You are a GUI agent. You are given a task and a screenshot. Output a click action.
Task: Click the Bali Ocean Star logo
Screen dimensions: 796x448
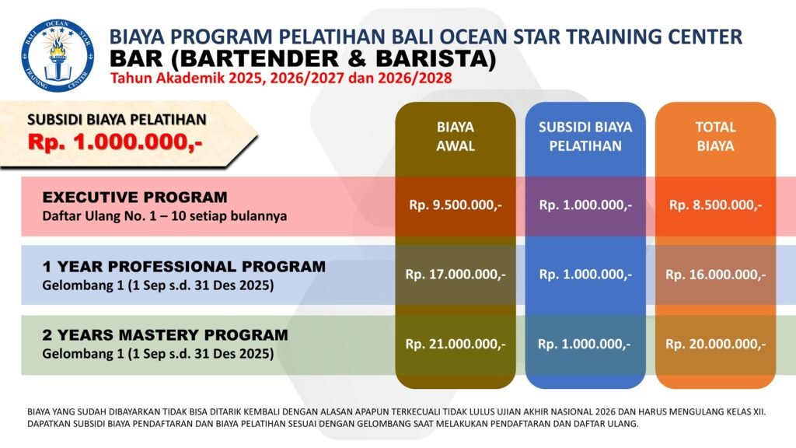pos(58,55)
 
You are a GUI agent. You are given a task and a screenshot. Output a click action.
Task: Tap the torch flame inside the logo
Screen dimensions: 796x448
pos(57,47)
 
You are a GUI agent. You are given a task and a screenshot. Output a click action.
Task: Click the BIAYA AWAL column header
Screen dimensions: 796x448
pos(456,136)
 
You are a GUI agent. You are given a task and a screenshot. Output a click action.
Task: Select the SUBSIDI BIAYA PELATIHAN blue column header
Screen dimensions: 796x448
pos(585,136)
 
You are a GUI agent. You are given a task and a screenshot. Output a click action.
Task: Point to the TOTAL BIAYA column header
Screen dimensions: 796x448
pos(715,136)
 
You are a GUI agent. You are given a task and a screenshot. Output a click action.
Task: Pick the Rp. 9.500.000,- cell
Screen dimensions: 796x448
pos(456,205)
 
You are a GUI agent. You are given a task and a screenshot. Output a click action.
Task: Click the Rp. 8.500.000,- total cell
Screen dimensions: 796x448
pos(715,205)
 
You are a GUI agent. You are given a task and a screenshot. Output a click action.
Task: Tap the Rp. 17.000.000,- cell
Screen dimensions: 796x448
pos(456,275)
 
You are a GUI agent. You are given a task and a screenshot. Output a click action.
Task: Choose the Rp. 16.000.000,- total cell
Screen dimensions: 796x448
pos(715,275)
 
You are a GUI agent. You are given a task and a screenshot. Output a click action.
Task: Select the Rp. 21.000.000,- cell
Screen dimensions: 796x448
pos(456,345)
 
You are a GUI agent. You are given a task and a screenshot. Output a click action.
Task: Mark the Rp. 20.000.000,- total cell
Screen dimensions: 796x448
pos(715,345)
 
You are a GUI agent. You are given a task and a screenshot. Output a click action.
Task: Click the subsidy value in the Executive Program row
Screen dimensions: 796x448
pos(585,205)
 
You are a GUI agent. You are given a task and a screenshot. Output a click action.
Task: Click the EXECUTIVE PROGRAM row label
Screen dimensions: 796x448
pos(135,197)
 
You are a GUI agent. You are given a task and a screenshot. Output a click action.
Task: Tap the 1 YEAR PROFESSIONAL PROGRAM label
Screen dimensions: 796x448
pos(183,267)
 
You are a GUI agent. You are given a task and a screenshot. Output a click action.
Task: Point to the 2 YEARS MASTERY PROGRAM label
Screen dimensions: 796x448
pos(165,335)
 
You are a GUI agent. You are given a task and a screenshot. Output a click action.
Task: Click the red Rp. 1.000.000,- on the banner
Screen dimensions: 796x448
pos(115,142)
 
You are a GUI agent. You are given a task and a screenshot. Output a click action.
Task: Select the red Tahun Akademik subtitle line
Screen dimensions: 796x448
pos(281,79)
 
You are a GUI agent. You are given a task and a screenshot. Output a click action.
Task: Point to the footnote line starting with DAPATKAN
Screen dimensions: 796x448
pos(333,424)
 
